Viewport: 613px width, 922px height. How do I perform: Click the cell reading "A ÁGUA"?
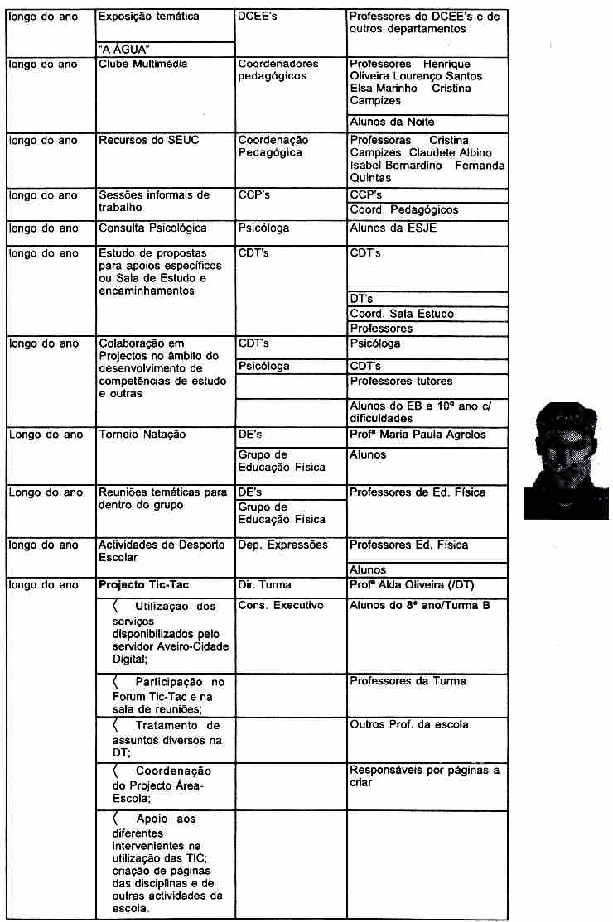click(x=129, y=50)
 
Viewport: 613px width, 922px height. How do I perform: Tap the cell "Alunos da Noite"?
click(x=392, y=122)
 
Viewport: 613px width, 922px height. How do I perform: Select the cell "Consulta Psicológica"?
click(x=152, y=228)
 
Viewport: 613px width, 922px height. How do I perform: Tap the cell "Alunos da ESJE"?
click(x=393, y=228)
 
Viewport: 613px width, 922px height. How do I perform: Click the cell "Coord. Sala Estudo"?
click(x=402, y=314)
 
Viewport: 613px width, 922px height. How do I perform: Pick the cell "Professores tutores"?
click(x=402, y=382)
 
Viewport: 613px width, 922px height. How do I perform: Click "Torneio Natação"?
click(x=142, y=435)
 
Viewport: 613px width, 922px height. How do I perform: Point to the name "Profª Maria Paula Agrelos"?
click(x=418, y=435)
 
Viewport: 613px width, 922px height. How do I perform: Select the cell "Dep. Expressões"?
click(x=282, y=545)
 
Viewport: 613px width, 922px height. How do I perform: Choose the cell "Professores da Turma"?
click(x=408, y=681)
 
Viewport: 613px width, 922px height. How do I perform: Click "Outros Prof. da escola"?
click(x=409, y=725)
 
